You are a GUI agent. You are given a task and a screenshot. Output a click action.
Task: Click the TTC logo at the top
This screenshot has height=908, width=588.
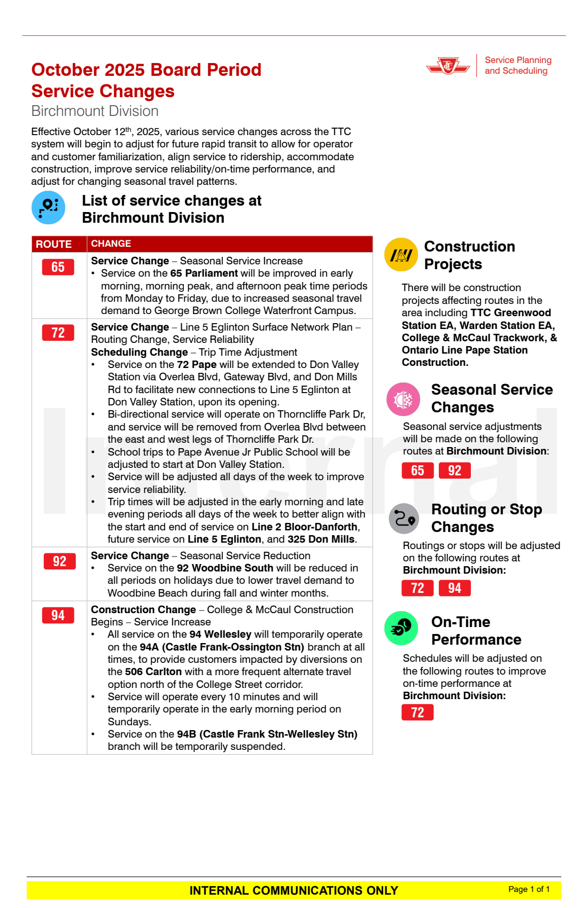point(448,66)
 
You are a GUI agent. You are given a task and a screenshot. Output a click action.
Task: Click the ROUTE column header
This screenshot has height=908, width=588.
point(53,244)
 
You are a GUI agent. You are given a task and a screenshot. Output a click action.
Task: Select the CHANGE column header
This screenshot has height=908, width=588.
point(111,244)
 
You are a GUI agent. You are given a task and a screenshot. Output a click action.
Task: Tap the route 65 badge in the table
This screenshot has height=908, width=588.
point(58,267)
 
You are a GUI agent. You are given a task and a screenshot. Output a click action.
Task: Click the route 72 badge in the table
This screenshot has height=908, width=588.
point(58,333)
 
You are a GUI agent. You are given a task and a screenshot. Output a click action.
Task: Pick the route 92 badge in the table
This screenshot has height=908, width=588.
point(59,561)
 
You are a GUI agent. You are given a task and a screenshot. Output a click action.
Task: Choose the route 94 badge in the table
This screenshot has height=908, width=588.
point(58,615)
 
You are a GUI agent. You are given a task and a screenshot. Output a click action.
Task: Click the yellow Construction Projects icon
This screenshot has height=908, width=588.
point(401,255)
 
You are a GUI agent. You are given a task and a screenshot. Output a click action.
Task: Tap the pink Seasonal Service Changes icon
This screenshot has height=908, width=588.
point(403,399)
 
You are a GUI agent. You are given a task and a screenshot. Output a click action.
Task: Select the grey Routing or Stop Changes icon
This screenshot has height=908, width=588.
point(404,518)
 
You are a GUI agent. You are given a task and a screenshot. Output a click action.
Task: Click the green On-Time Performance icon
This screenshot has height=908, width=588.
point(401,628)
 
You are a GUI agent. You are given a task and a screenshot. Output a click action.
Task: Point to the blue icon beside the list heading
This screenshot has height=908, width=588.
point(48,207)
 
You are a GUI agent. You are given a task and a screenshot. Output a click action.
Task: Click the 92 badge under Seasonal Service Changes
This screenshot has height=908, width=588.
point(454,471)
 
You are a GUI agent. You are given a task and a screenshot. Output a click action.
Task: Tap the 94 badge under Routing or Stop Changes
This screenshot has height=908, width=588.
point(454,588)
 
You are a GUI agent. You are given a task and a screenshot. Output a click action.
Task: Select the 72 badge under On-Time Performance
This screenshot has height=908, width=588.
point(417,713)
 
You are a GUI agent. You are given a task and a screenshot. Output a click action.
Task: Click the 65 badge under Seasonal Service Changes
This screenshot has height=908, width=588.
point(417,471)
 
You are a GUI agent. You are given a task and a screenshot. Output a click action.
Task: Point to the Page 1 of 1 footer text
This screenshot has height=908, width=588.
point(529,889)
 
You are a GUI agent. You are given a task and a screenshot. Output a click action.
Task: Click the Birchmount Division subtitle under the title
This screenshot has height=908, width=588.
point(95,111)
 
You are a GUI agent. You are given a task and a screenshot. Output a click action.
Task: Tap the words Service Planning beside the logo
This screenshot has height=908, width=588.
point(518,60)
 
